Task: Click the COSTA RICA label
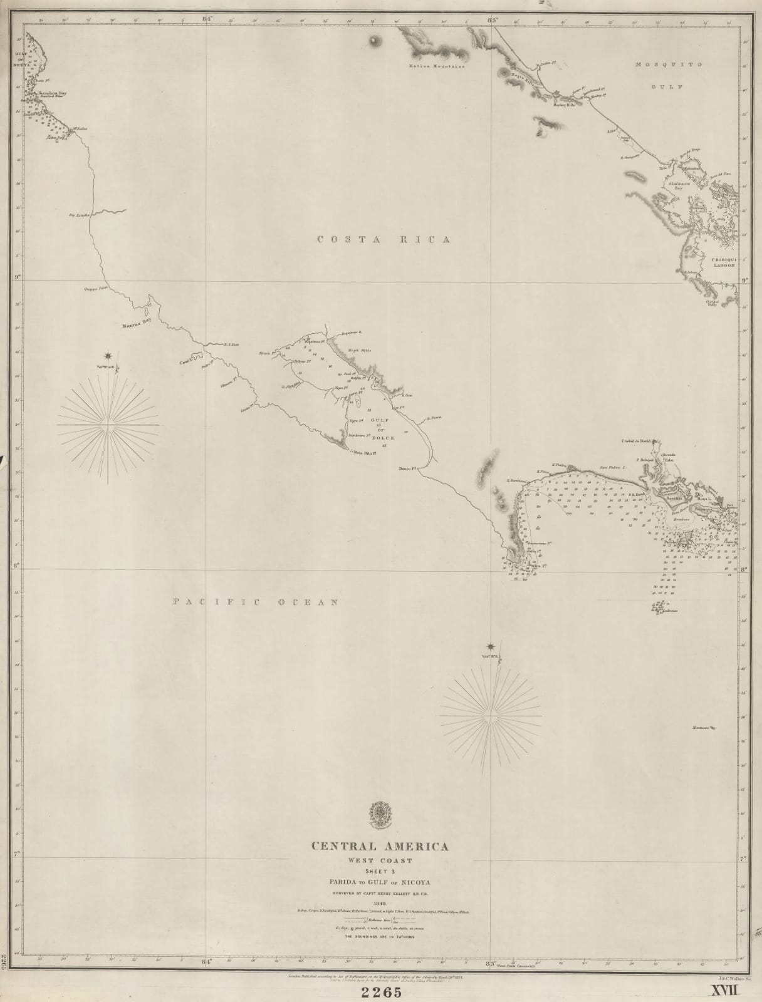384,240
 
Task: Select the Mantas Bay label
137,324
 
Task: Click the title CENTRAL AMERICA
380,847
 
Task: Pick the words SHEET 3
380,871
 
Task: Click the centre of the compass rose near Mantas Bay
108,425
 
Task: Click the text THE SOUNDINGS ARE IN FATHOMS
381,937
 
